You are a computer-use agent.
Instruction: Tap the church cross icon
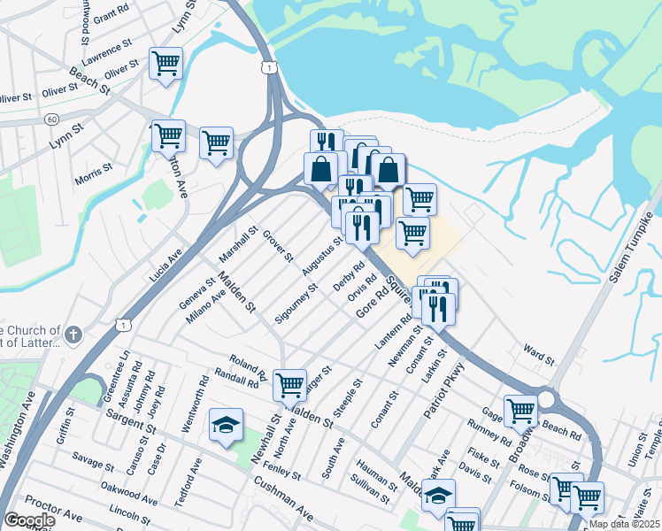(x=73, y=335)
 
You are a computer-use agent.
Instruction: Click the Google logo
(x=29, y=520)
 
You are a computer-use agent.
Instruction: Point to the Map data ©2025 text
(x=623, y=524)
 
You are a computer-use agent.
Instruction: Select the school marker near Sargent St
(x=226, y=425)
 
